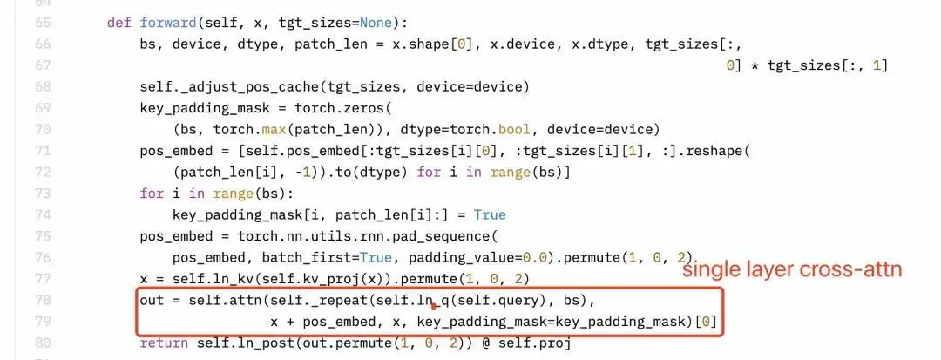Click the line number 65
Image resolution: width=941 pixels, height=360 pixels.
tap(44, 23)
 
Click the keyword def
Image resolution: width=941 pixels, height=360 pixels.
tap(118, 23)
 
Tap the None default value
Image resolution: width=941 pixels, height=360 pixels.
tap(376, 23)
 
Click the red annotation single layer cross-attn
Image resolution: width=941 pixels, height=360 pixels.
tap(792, 269)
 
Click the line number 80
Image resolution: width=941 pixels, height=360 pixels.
tap(44, 343)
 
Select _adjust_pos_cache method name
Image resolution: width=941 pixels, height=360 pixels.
tap(246, 87)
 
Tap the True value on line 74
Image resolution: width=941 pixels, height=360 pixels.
tap(490, 214)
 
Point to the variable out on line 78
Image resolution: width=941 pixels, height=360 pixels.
tap(152, 300)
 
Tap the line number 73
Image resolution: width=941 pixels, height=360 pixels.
tap(44, 194)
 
